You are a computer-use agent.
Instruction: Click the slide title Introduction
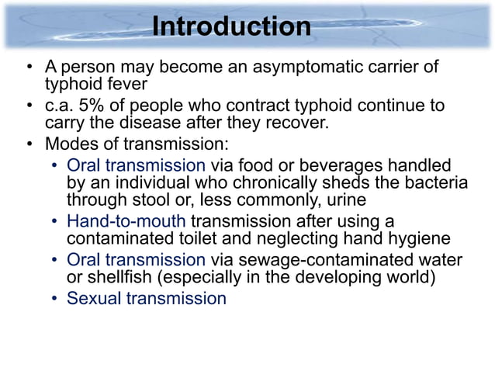231,26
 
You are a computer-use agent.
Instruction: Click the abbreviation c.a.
57,106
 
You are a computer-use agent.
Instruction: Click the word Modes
70,144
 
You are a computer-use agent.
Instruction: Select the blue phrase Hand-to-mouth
126,221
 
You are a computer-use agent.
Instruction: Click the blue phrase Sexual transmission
147,298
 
